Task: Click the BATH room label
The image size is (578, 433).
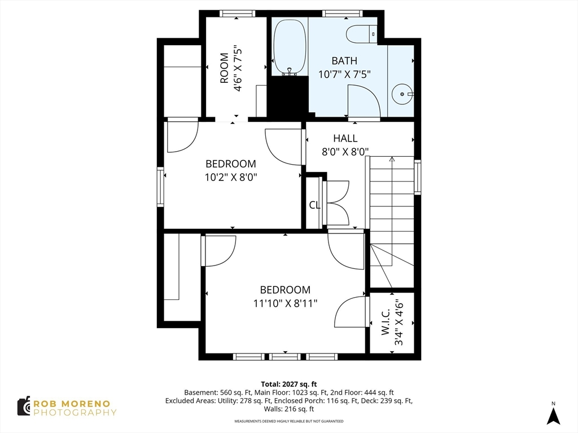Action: coord(344,61)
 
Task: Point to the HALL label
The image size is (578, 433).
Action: coord(345,139)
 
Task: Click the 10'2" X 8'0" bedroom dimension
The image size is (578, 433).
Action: coord(231,178)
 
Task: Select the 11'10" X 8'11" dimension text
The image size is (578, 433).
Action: coord(285,303)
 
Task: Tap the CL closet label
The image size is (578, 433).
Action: coord(314,205)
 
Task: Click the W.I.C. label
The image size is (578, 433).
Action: coord(386,322)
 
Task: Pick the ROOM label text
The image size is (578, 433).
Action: coord(224,68)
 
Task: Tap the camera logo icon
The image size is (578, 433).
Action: coord(24,406)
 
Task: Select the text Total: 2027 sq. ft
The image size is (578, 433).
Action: coord(289,385)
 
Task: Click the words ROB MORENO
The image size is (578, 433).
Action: coord(72,404)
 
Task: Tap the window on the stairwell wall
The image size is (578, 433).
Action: coord(418,178)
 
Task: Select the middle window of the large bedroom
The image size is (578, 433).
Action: coord(284,357)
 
